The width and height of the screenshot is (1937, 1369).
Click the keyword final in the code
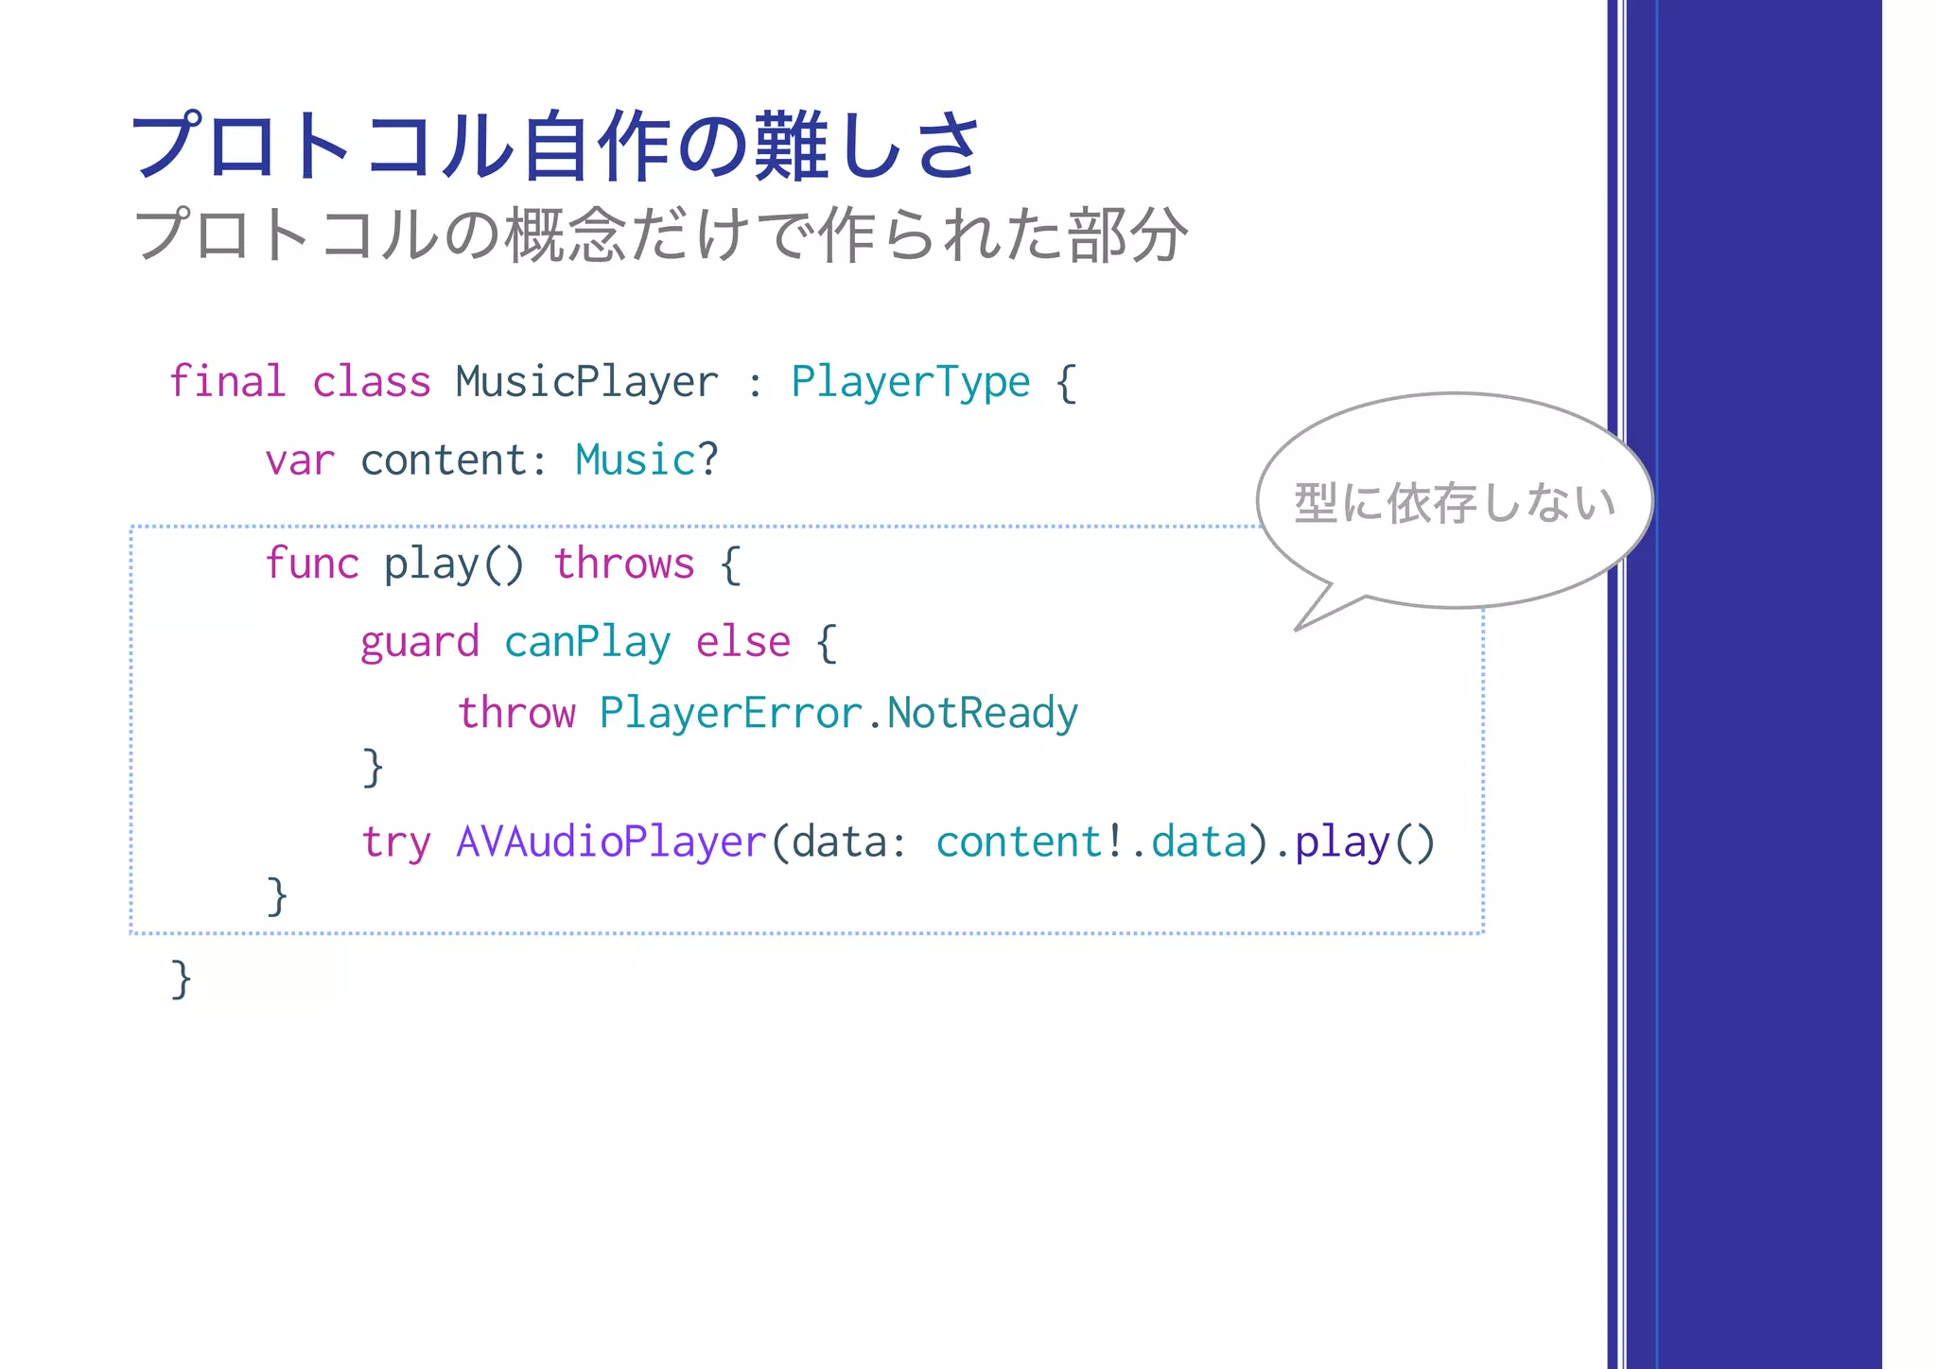coord(227,382)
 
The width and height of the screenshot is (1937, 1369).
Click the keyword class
coord(371,382)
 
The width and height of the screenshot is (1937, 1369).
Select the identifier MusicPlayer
coord(586,382)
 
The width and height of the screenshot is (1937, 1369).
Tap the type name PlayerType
coord(910,382)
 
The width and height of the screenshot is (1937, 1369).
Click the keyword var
coord(299,461)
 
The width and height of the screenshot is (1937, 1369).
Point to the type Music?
coord(647,460)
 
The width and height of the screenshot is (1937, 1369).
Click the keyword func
coord(311,563)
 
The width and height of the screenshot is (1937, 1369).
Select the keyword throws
coord(623,563)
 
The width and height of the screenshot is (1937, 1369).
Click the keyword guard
coord(419,643)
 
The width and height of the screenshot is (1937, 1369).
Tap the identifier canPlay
coord(587,643)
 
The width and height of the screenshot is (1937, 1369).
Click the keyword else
coord(742,643)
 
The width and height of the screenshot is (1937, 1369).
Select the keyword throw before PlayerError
coord(516,713)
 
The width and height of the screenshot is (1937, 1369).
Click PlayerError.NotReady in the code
coord(838,713)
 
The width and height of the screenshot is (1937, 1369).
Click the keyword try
coord(395,841)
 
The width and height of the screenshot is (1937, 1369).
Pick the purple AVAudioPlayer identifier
coord(611,841)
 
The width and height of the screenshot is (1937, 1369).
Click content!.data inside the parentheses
coord(1091,841)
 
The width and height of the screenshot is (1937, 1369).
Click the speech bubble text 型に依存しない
coord(1454,503)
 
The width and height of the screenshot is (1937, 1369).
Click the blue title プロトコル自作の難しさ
coord(556,146)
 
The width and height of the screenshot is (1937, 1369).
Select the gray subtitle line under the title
coord(660,234)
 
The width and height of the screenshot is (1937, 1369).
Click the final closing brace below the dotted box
coord(181,979)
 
